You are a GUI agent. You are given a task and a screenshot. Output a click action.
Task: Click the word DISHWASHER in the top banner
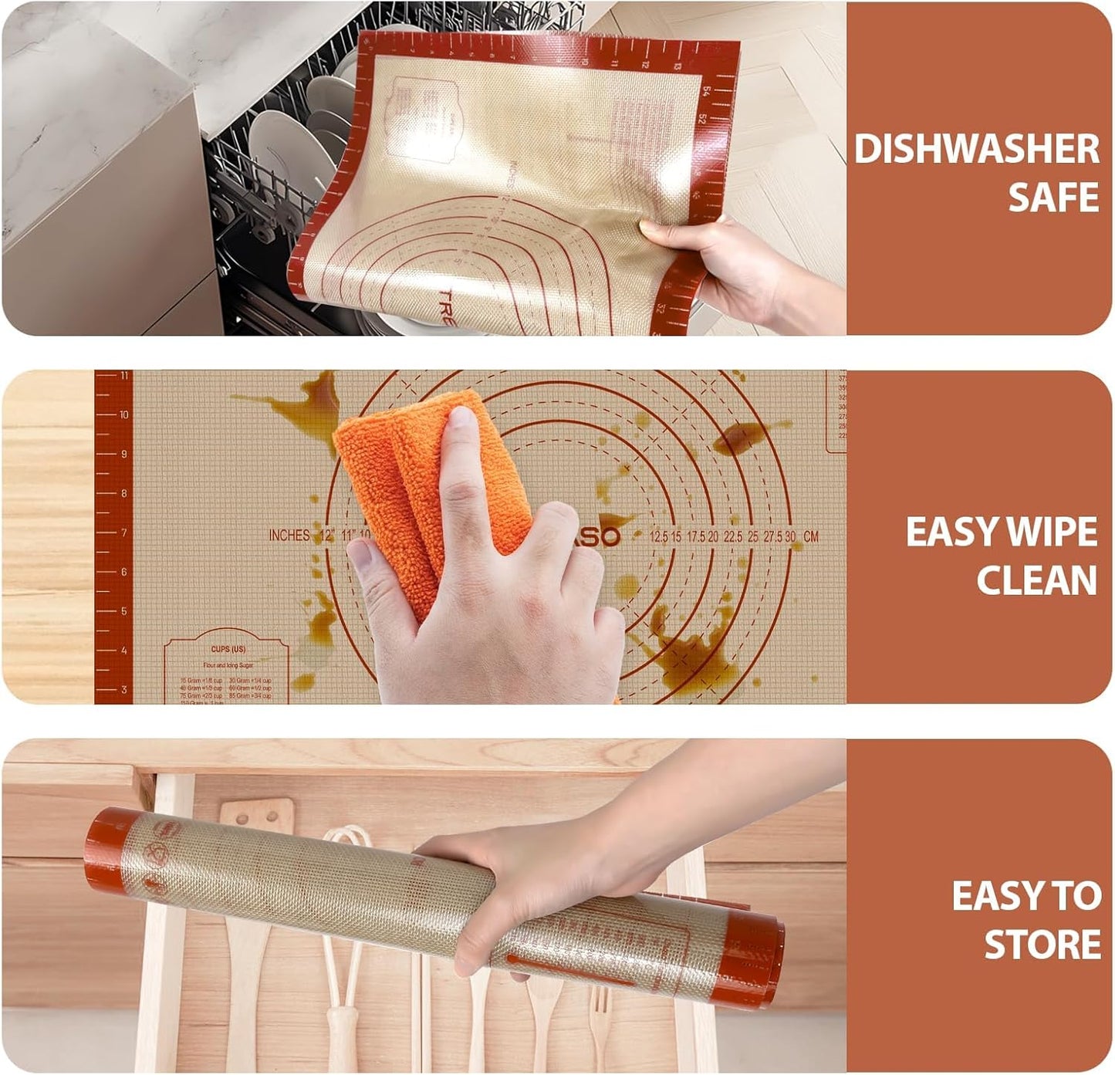(976, 148)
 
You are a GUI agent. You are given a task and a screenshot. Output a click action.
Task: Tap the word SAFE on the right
(1053, 198)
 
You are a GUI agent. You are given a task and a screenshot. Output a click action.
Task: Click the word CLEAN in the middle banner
(1036, 580)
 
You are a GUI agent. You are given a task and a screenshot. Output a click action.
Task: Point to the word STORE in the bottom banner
(1042, 945)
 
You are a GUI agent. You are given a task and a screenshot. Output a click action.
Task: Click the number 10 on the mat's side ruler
(123, 415)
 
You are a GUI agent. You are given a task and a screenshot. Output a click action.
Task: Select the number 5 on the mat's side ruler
(123, 611)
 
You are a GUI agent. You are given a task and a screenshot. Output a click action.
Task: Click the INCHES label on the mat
(289, 536)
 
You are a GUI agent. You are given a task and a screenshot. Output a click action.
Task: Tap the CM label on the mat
(810, 536)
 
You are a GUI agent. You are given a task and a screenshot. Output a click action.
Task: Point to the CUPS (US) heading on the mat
(228, 649)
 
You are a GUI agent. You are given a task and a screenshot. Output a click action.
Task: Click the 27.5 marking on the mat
(772, 536)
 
